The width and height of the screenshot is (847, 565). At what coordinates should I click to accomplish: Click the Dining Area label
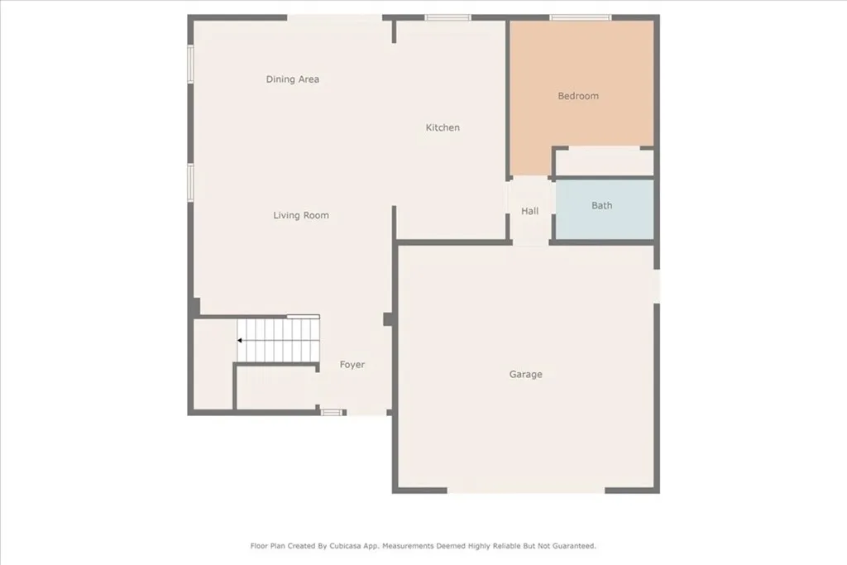click(292, 79)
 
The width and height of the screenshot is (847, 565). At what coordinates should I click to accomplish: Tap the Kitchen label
click(443, 127)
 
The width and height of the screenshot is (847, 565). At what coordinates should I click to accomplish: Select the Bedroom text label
click(578, 96)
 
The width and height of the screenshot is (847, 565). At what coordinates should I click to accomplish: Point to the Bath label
click(602, 205)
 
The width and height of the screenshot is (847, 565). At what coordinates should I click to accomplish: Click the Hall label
click(530, 211)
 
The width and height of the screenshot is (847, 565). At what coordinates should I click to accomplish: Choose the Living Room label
click(301, 215)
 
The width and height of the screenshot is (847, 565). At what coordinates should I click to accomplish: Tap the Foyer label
click(352, 365)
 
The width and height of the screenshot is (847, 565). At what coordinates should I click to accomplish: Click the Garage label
click(526, 375)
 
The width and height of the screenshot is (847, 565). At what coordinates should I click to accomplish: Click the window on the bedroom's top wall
click(581, 17)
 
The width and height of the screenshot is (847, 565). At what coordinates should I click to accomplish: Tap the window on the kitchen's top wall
click(447, 17)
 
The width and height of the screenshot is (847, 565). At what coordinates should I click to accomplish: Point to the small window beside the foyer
click(332, 412)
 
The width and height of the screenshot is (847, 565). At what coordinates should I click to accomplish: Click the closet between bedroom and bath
click(603, 162)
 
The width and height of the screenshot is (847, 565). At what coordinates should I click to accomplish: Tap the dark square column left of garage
click(387, 319)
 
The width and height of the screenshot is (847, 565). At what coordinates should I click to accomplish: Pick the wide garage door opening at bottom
click(526, 491)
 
